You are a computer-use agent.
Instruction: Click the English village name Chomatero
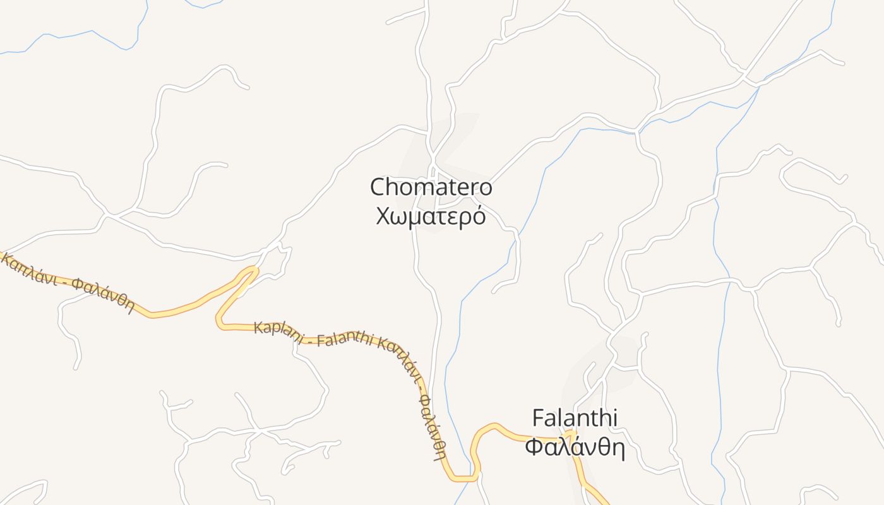(431, 187)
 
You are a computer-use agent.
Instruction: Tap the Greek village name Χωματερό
(431, 217)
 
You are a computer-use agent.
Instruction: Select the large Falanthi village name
(575, 418)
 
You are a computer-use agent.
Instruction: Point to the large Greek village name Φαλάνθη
(575, 448)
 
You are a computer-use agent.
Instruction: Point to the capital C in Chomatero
(378, 187)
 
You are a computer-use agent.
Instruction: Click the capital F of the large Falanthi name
(538, 418)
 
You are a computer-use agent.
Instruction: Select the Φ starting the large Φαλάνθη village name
(535, 448)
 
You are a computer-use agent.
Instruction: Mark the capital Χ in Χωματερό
(383, 217)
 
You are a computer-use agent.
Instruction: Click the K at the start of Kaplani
(258, 328)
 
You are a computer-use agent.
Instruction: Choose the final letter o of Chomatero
(485, 188)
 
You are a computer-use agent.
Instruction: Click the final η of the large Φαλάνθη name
(617, 449)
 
